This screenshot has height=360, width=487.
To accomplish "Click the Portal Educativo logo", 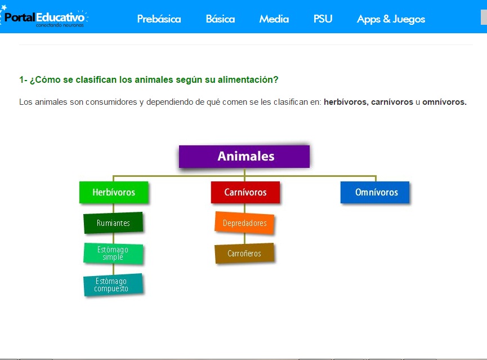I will pyautogui.click(x=45, y=17).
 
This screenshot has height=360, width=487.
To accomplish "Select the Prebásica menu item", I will pyautogui.click(x=159, y=19).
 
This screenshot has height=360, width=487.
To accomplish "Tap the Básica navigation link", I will pyautogui.click(x=220, y=19).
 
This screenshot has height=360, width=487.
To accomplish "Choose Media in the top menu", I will pyautogui.click(x=274, y=19).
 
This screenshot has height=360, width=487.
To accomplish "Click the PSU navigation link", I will pyautogui.click(x=323, y=19).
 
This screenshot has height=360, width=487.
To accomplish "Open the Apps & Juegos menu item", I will pyautogui.click(x=391, y=19).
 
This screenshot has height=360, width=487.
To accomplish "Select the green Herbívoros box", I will pyautogui.click(x=114, y=192).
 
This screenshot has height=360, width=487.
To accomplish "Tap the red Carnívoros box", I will pyautogui.click(x=245, y=192).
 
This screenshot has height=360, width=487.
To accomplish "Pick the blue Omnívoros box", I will pyautogui.click(x=376, y=192).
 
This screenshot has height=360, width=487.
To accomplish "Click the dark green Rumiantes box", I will pyautogui.click(x=113, y=223).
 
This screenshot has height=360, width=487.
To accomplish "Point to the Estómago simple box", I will pyautogui.click(x=113, y=254).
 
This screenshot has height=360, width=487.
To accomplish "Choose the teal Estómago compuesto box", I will pyautogui.click(x=113, y=285).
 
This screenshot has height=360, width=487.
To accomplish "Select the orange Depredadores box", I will pyautogui.click(x=244, y=223).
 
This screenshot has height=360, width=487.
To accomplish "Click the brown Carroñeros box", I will pyautogui.click(x=244, y=254).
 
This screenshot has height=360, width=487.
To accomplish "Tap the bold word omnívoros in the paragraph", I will pyautogui.click(x=444, y=103).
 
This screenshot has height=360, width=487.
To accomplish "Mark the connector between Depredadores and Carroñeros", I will pyautogui.click(x=244, y=238).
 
